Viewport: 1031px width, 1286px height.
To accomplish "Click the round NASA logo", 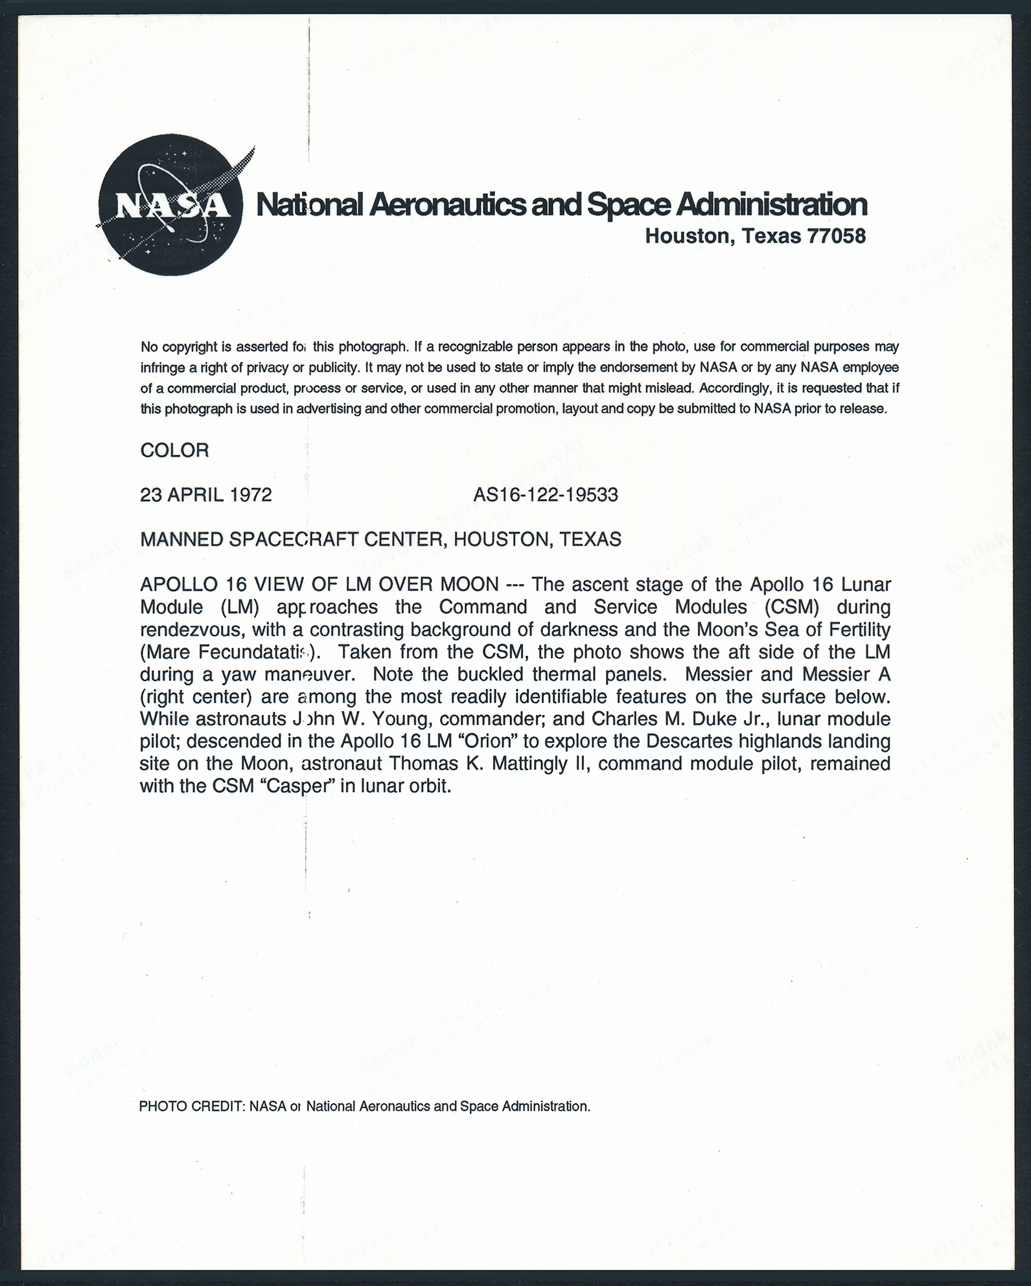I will point(171,205).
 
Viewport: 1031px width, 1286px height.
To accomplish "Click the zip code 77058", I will point(836,236).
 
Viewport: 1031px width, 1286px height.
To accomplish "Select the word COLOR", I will point(174,450).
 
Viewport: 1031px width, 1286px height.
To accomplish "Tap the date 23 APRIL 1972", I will point(205,495).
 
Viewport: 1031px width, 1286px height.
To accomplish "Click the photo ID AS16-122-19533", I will point(545,495).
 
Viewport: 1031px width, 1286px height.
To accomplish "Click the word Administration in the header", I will point(770,205).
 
